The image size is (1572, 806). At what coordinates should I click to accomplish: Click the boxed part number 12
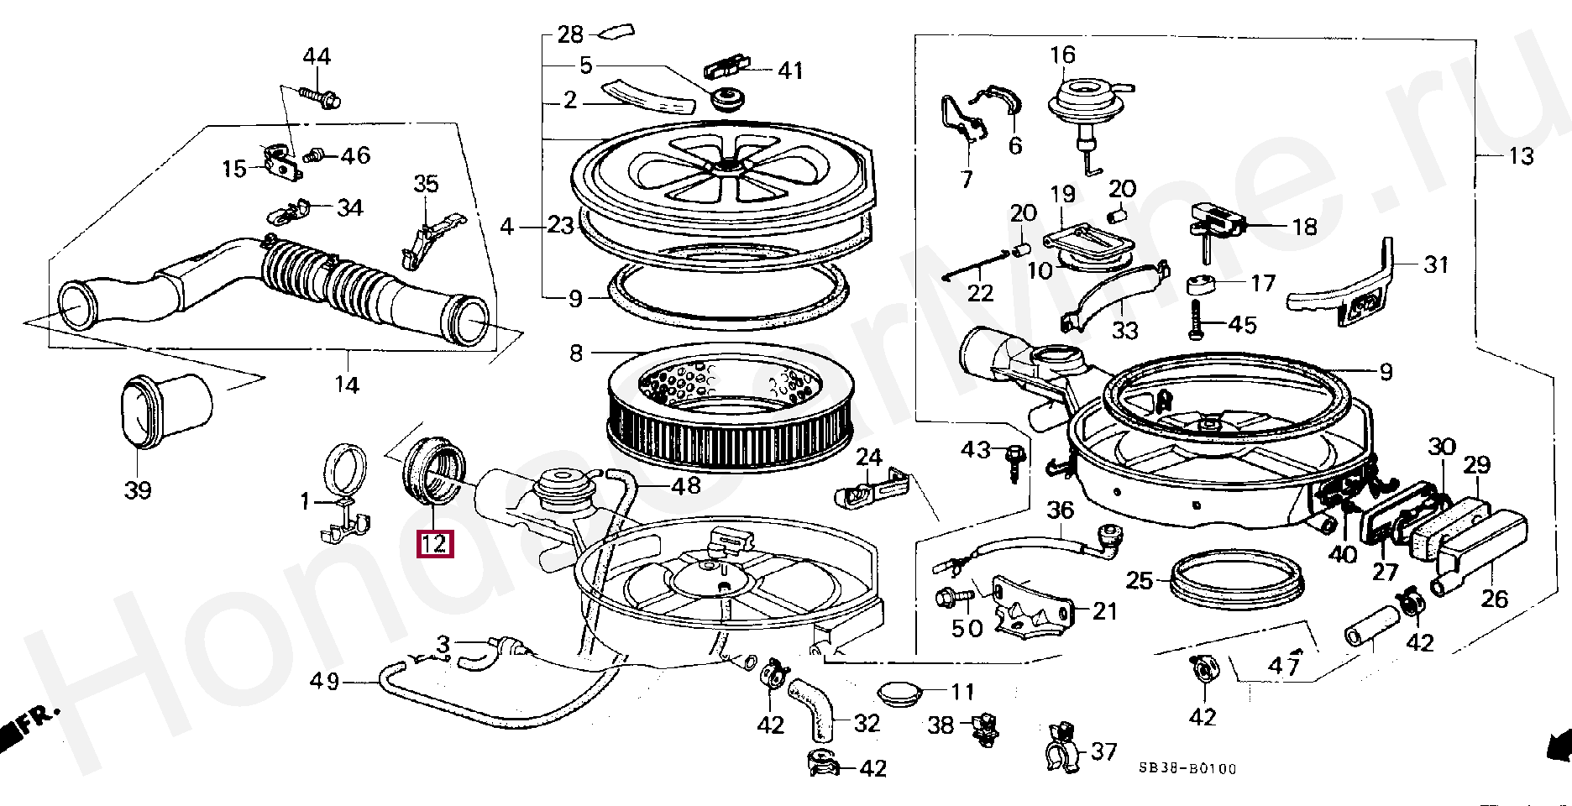[x=435, y=544]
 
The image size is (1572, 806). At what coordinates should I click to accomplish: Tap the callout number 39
[x=138, y=489]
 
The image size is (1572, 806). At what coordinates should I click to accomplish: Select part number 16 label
[x=1062, y=55]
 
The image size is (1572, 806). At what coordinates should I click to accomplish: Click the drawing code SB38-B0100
[x=1187, y=768]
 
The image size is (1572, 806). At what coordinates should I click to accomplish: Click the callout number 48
[x=686, y=485]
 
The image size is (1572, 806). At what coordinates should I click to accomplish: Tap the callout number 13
[x=1520, y=156]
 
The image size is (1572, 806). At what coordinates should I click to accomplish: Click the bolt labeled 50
[x=945, y=599]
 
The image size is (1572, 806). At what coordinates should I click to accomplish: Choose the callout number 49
[x=324, y=682]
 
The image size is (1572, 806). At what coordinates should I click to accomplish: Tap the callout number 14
[x=347, y=385]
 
